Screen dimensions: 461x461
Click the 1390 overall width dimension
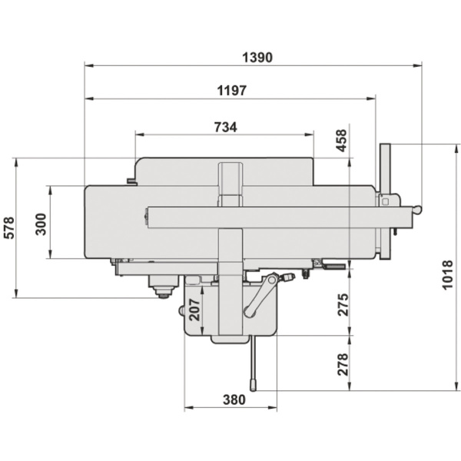pyautogui.click(x=257, y=58)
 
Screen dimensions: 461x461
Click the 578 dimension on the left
pyautogui.click(x=8, y=228)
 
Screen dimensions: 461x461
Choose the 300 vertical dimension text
pyautogui.click(x=41, y=224)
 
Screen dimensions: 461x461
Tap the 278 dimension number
pyautogui.click(x=342, y=363)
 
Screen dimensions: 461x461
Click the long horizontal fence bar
pyautogui.click(x=277, y=217)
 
